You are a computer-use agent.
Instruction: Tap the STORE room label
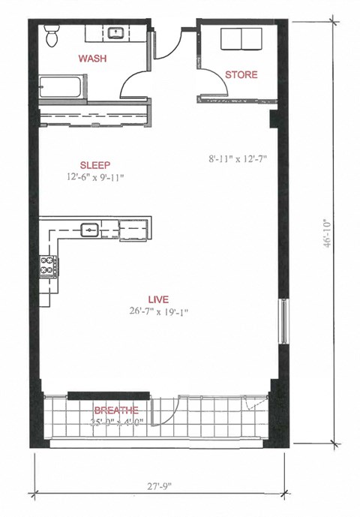coord(241,74)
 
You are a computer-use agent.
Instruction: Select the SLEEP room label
coord(94,165)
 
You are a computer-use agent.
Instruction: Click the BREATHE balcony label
coord(115,410)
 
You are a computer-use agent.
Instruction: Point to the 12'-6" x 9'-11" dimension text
coord(94,178)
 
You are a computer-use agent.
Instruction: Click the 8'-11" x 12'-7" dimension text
coord(238,159)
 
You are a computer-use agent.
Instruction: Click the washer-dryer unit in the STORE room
coord(240,38)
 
